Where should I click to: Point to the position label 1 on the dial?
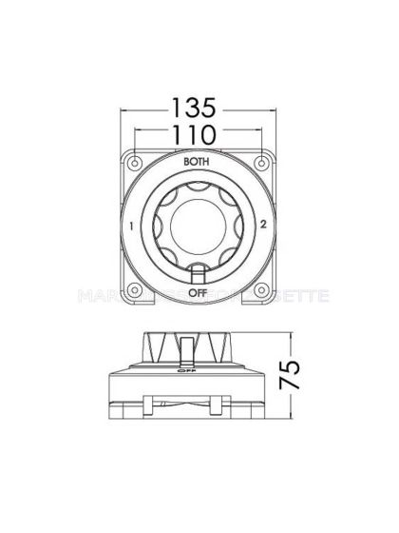point(129,227)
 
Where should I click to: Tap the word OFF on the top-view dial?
point(197,292)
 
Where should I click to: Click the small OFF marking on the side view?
point(197,374)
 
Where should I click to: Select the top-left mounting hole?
point(135,158)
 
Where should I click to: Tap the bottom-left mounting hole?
point(135,296)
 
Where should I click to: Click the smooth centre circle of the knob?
point(197,226)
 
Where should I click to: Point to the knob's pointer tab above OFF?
point(197,273)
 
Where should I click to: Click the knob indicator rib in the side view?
point(189,348)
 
